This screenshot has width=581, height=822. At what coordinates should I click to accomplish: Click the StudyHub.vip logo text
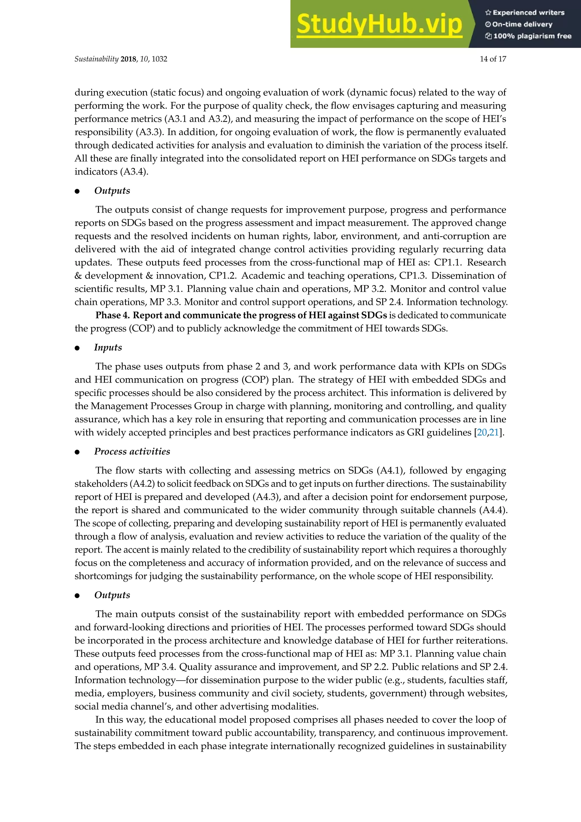coord(379,24)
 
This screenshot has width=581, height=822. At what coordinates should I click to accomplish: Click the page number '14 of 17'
coord(493,59)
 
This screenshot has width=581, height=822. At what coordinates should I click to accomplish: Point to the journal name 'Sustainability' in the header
coord(96,59)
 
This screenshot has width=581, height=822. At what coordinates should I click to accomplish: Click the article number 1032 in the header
coord(159,59)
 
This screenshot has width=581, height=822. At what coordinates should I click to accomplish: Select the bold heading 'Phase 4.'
coord(113,315)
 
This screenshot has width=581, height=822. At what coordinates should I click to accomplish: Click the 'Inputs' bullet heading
coord(108,347)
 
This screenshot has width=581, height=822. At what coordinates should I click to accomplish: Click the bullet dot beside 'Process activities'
coord(77,452)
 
